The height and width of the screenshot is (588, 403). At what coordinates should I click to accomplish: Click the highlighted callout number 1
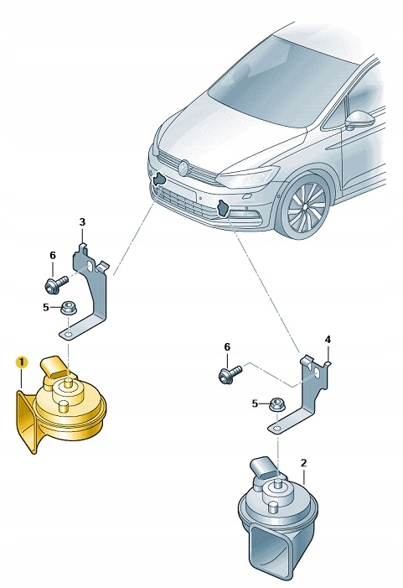pos(22,362)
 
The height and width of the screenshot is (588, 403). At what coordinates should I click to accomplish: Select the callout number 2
pos(303,462)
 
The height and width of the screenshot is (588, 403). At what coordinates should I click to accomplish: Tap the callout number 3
pos(82,221)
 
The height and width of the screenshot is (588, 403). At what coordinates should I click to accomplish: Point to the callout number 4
pos(328,340)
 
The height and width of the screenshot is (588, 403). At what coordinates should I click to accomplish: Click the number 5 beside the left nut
pos(46,308)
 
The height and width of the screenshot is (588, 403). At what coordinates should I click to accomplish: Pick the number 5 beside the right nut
pos(256,404)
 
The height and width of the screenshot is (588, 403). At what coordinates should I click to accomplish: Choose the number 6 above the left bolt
pos(52,256)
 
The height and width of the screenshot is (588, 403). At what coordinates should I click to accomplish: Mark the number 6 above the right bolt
pos(225,346)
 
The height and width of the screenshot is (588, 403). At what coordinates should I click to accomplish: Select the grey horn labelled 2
pos(272,520)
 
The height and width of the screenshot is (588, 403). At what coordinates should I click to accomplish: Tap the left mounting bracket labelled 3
pos(96,294)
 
